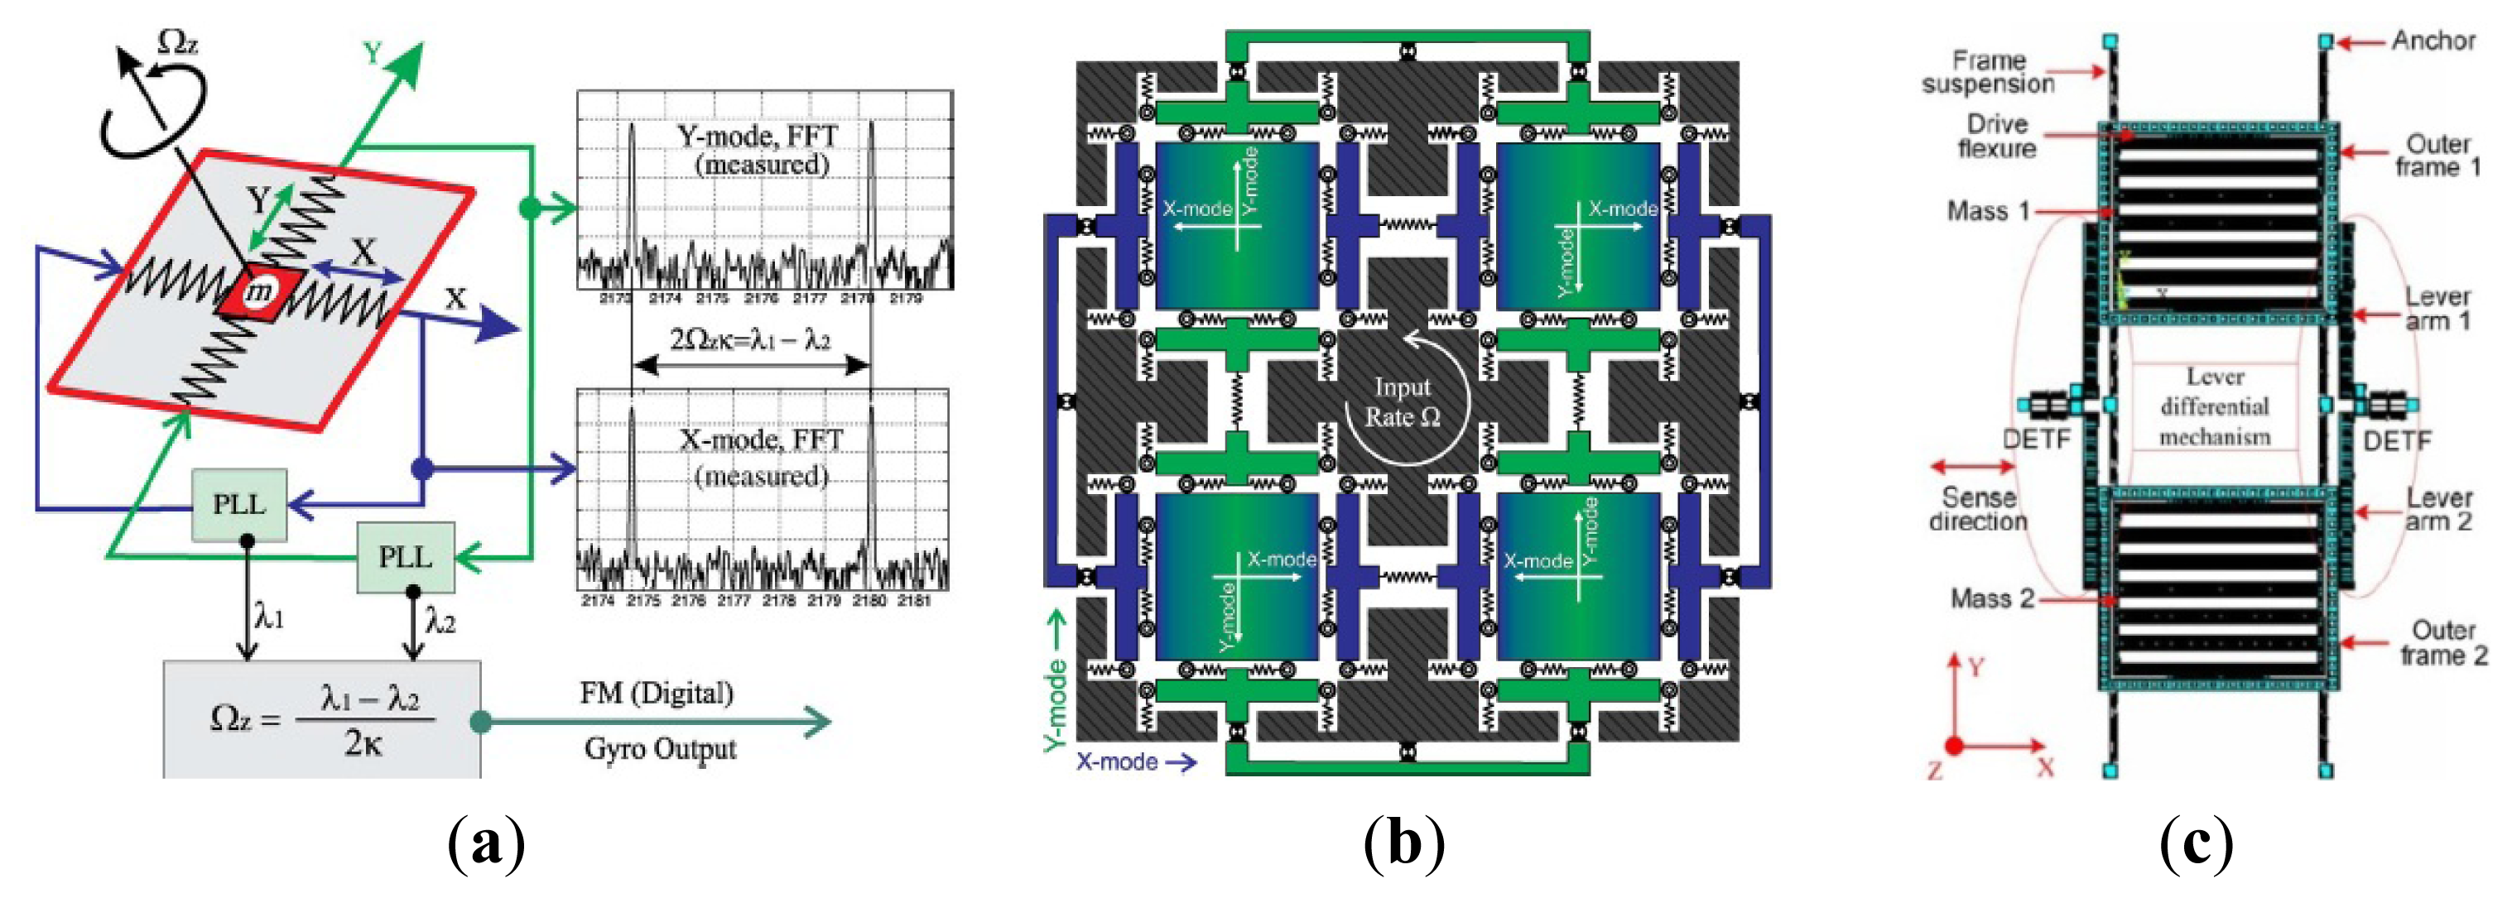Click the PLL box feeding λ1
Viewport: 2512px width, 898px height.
239,504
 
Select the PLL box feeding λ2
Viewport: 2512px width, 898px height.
406,557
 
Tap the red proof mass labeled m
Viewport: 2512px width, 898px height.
259,291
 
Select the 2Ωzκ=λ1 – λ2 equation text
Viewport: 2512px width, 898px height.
750,339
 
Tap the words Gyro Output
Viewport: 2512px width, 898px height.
660,749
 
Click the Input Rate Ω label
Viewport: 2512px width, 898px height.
1403,401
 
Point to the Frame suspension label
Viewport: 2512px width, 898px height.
1989,72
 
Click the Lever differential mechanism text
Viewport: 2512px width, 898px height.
2215,406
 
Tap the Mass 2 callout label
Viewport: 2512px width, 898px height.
1991,598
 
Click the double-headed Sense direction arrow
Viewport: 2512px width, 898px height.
1973,467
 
